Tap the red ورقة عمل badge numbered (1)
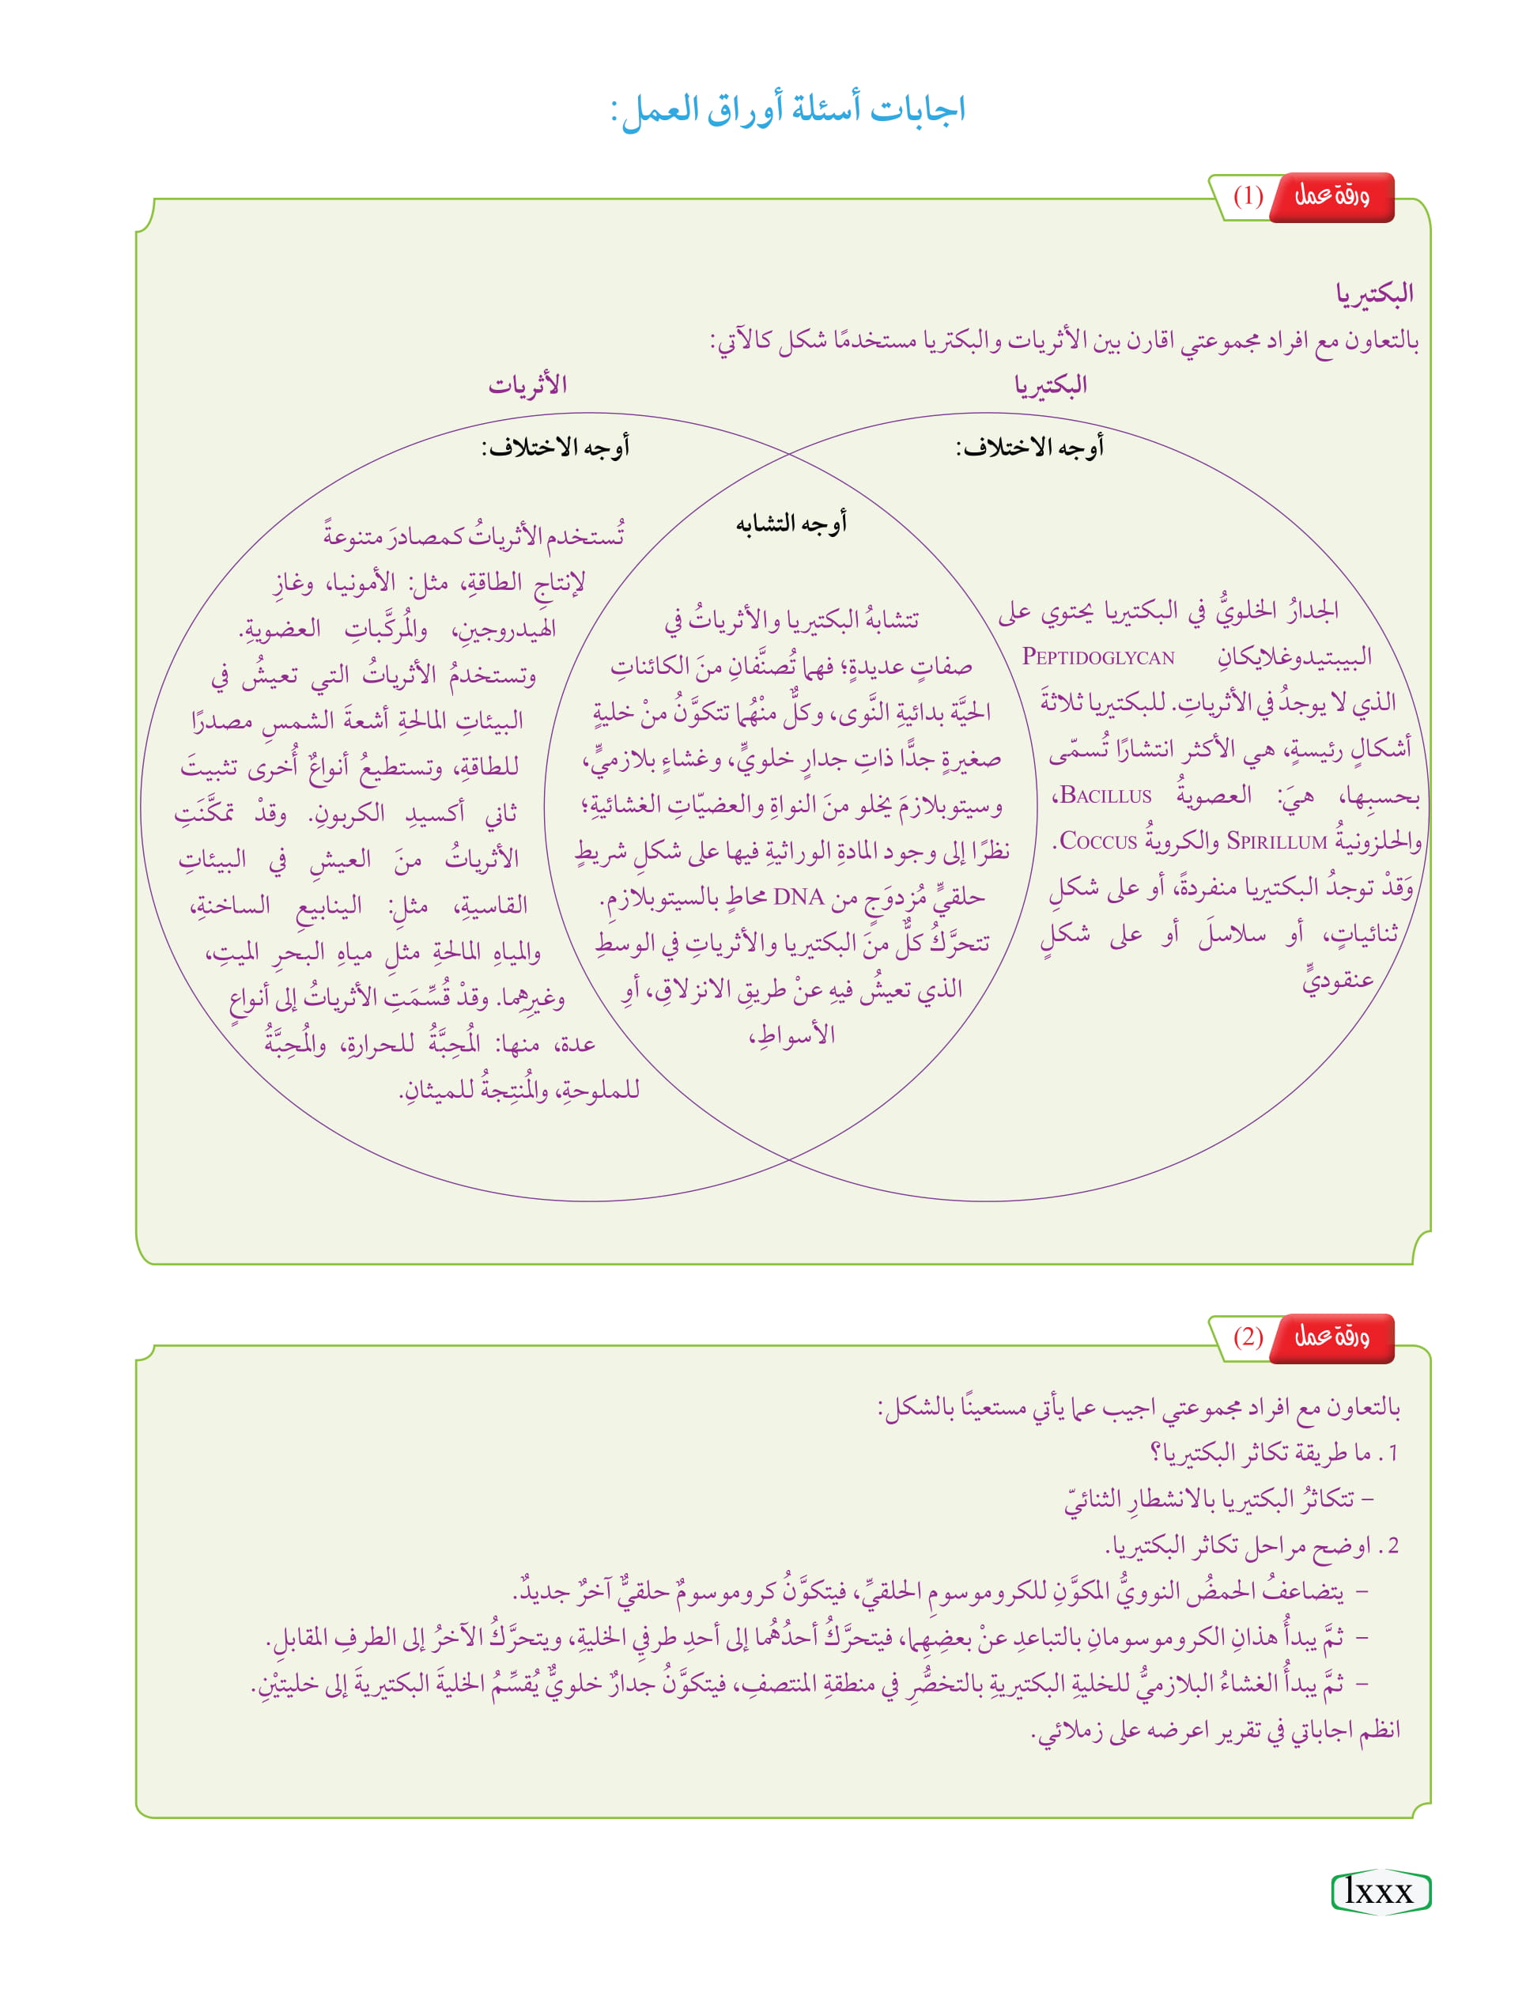click(1331, 196)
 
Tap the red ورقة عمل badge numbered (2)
click(1331, 1337)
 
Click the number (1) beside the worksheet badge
click(1248, 196)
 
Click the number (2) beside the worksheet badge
click(1248, 1337)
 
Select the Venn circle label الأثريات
click(527, 385)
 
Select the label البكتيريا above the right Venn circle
click(1050, 385)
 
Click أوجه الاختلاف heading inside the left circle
click(555, 447)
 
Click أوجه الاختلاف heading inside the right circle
click(1029, 447)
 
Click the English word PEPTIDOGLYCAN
click(1098, 656)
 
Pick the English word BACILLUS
click(1105, 796)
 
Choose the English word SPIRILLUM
click(1276, 842)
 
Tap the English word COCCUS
click(1098, 842)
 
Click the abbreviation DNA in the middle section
click(799, 898)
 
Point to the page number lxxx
click(1379, 1891)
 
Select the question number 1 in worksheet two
click(1392, 1454)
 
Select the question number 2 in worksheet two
click(1392, 1545)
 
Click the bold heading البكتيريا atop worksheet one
click(1373, 293)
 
